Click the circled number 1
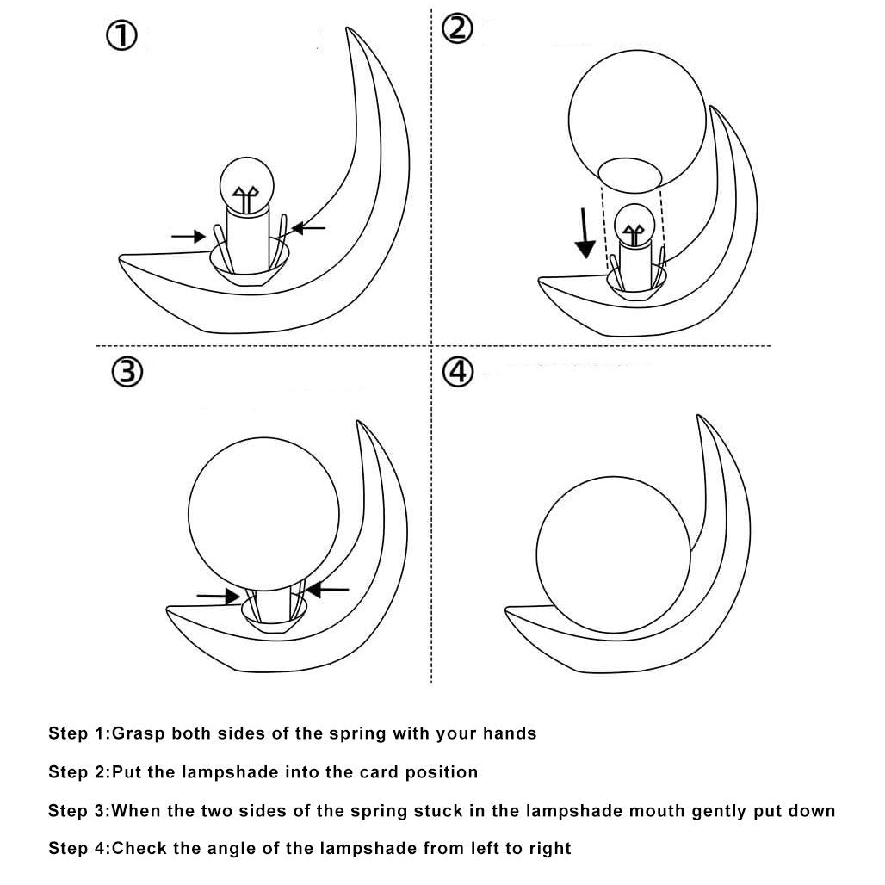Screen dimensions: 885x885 [121, 37]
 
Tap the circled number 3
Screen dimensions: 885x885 [127, 372]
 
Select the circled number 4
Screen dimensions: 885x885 [458, 372]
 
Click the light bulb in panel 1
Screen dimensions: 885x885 [246, 184]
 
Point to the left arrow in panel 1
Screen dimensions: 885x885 [188, 234]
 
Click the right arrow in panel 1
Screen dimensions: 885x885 [309, 227]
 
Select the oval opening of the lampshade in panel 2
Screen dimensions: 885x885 [629, 173]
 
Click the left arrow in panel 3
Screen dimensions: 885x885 [218, 594]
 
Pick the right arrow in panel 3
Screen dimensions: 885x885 [328, 590]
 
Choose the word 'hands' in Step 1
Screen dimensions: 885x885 [509, 734]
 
